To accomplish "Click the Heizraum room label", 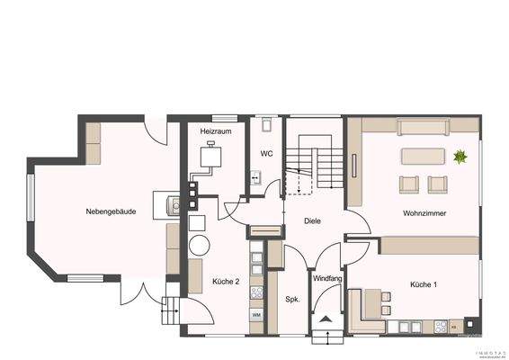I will pyautogui.click(x=217, y=131).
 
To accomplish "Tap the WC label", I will pyautogui.click(x=266, y=154).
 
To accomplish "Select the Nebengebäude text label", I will pyautogui.click(x=111, y=211).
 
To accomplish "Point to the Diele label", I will pyautogui.click(x=313, y=220).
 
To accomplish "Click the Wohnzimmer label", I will pyautogui.click(x=425, y=213).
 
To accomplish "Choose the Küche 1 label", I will pyautogui.click(x=423, y=284).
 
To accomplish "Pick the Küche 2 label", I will pyautogui.click(x=225, y=282).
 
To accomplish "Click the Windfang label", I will pyautogui.click(x=327, y=279).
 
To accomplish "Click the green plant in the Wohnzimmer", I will pyautogui.click(x=460, y=157).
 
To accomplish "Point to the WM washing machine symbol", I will pyautogui.click(x=256, y=314).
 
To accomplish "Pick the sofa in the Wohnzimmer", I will pyautogui.click(x=423, y=155).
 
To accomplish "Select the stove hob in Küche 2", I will pyautogui.click(x=256, y=292).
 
